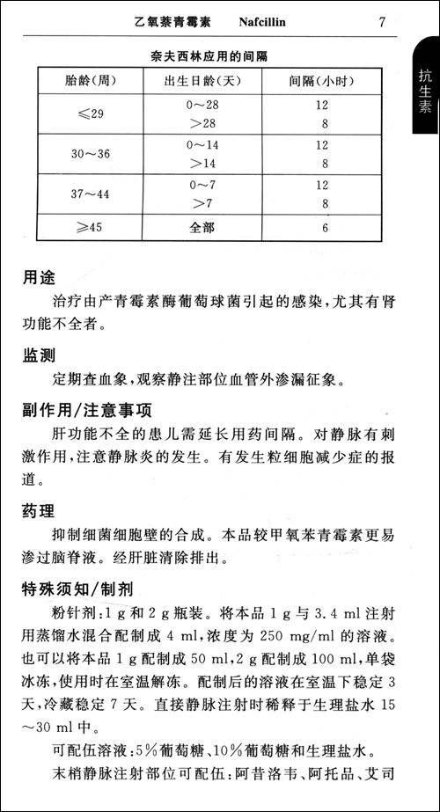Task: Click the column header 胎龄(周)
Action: (x=92, y=79)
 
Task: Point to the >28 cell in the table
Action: (x=202, y=123)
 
